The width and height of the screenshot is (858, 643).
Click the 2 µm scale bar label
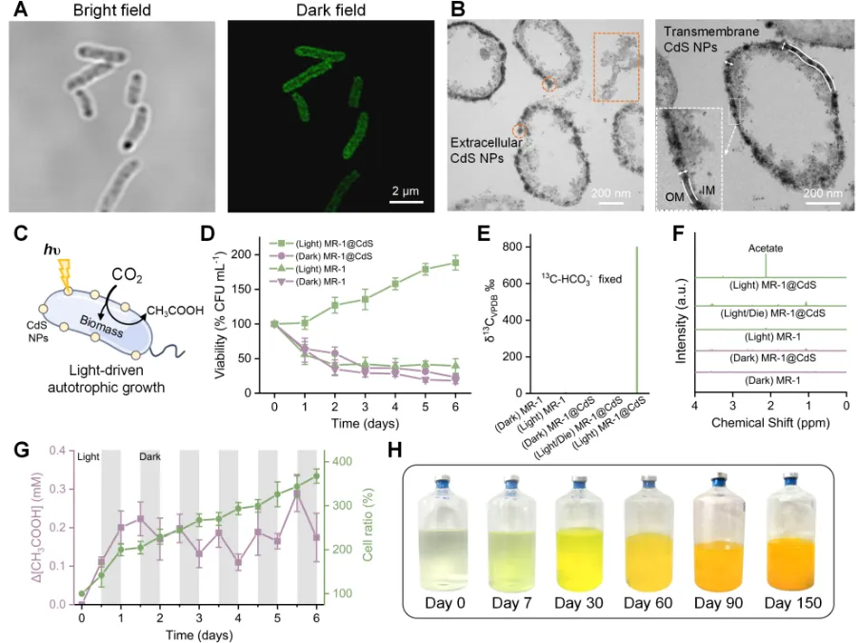click(406, 191)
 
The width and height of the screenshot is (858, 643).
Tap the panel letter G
click(21, 450)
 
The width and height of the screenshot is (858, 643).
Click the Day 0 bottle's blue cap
click(443, 484)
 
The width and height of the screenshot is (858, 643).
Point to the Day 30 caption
click(578, 603)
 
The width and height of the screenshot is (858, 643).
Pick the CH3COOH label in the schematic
click(175, 311)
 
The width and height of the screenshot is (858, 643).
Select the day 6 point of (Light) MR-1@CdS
click(455, 263)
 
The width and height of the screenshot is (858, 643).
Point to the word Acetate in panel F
click(766, 248)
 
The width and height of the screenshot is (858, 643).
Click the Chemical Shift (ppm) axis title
click(770, 422)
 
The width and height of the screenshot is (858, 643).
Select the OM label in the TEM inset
click(674, 196)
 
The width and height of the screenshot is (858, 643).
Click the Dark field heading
click(331, 10)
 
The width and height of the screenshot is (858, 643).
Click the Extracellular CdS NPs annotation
click(486, 151)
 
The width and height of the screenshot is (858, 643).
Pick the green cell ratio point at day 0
click(82, 593)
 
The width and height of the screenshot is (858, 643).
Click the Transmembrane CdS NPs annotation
click(711, 39)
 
